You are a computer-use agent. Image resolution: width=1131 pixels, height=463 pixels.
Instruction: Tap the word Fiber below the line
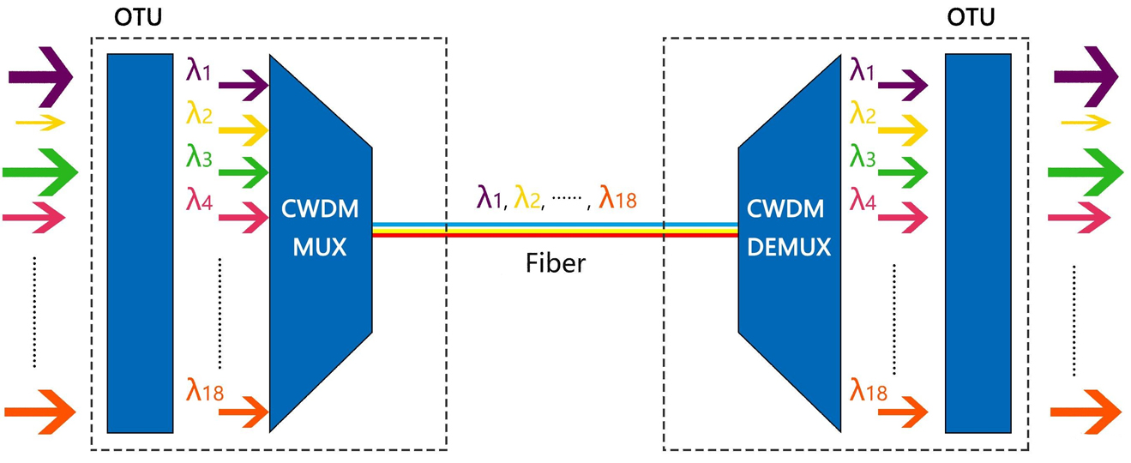[x=555, y=262]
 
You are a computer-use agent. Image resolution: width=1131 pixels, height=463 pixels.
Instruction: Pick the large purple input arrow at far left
[x=40, y=76]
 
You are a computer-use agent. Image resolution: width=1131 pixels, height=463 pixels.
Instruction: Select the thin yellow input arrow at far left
[x=40, y=123]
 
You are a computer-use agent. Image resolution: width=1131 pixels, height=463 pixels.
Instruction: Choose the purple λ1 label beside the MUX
[x=199, y=70]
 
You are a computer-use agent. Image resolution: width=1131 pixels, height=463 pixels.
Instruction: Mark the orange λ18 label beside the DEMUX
[x=869, y=393]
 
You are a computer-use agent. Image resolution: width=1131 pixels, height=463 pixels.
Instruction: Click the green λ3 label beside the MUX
[x=199, y=157]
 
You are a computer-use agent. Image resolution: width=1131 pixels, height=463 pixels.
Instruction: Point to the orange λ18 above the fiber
[x=617, y=199]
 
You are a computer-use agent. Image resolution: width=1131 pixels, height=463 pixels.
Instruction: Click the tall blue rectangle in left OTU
[x=141, y=243]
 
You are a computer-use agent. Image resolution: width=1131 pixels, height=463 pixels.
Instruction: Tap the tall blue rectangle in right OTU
[x=978, y=243]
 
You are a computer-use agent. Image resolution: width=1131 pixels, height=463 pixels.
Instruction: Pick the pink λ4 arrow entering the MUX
[x=244, y=219]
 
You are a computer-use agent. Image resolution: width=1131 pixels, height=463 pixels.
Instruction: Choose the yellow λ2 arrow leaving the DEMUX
[x=903, y=129]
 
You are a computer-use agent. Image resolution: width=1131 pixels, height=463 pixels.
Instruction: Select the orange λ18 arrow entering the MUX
[x=244, y=412]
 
